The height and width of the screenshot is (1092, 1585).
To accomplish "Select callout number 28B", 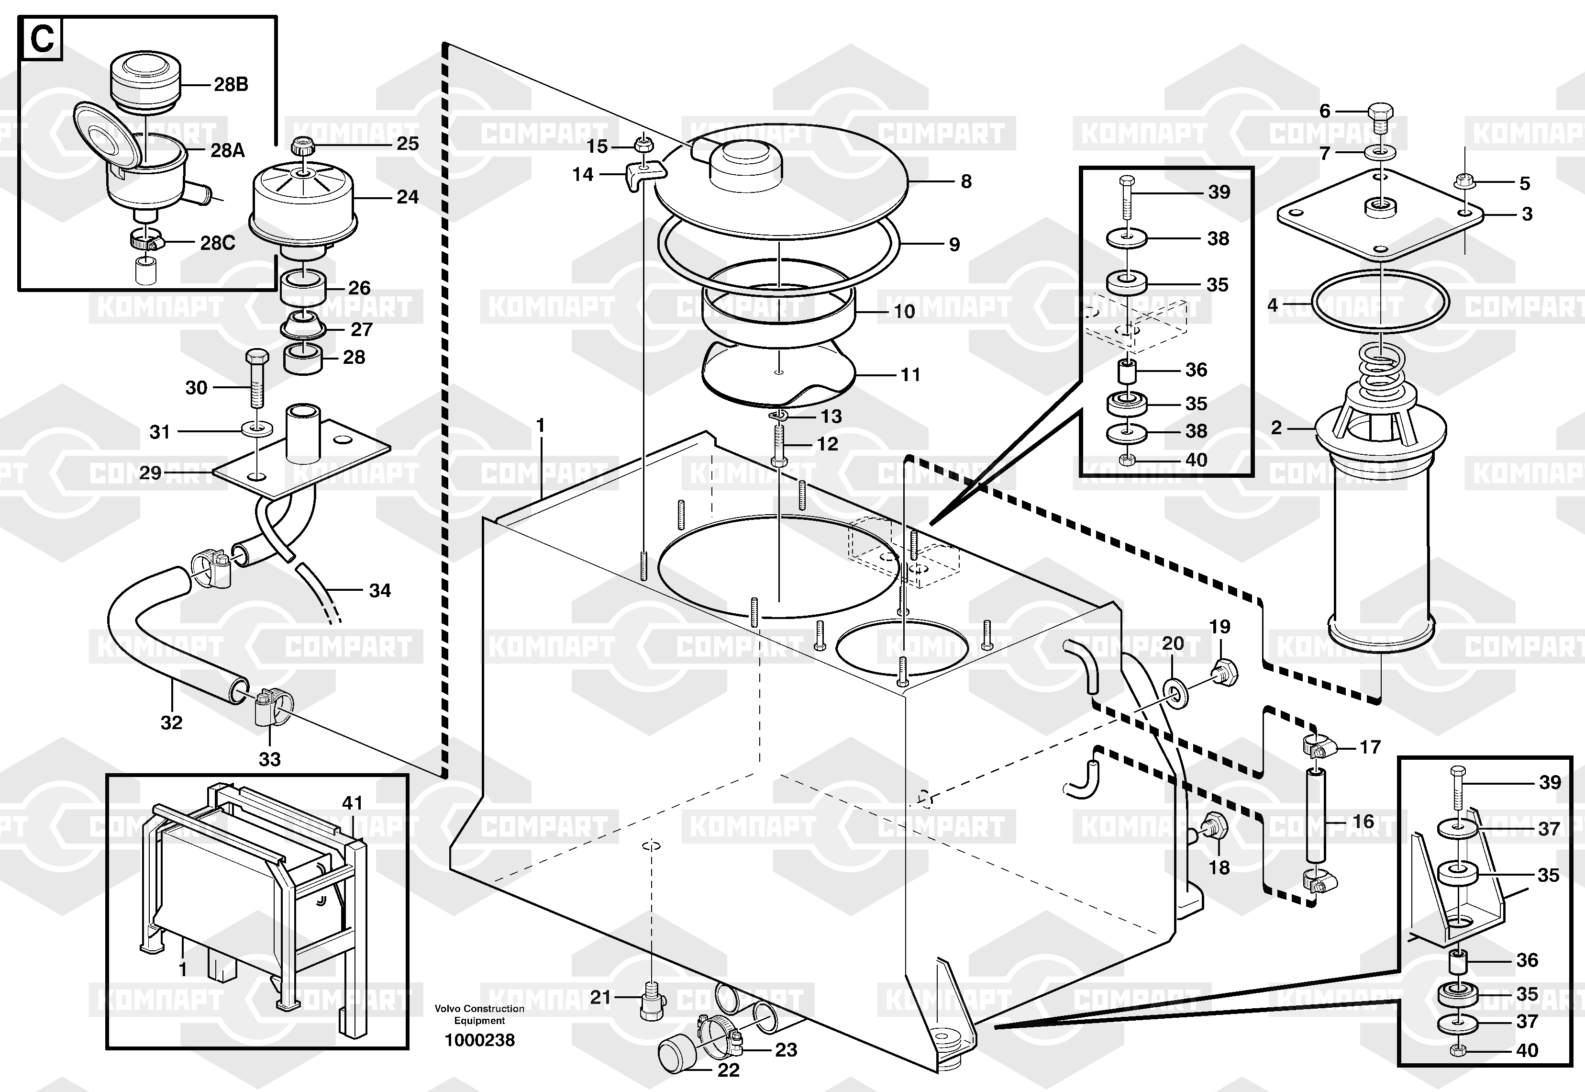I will click(231, 84).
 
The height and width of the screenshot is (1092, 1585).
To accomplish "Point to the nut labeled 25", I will click(301, 146).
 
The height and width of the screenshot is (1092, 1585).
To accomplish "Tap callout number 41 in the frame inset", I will click(352, 802).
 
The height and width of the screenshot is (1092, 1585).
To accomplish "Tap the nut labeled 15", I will click(642, 145).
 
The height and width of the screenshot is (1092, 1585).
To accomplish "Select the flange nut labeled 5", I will click(1463, 182).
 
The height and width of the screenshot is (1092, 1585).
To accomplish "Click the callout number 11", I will click(909, 374).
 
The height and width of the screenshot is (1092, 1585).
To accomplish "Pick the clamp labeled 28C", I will click(146, 240).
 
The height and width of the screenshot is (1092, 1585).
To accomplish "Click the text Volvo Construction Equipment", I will click(479, 1014).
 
